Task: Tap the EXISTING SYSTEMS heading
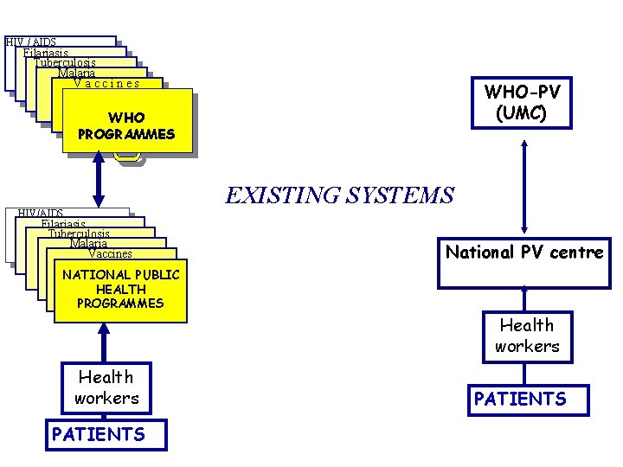point(339,195)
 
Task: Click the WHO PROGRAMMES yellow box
point(125,126)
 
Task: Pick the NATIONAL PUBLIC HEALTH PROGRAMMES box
point(120,290)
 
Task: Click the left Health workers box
point(106,387)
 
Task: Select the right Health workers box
point(527,336)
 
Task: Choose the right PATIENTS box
point(528,400)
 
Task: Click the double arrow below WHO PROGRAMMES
point(98,184)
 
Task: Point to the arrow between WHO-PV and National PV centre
point(523,182)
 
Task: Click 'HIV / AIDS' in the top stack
point(31,42)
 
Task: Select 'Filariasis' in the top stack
point(46,53)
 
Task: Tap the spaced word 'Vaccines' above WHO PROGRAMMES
point(106,84)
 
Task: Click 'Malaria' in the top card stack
point(77,74)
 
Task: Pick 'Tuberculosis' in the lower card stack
point(79,234)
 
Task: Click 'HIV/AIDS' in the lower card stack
point(41,214)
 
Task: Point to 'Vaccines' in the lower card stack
point(111,253)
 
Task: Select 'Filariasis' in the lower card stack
point(62,224)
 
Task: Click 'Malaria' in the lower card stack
point(89,244)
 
